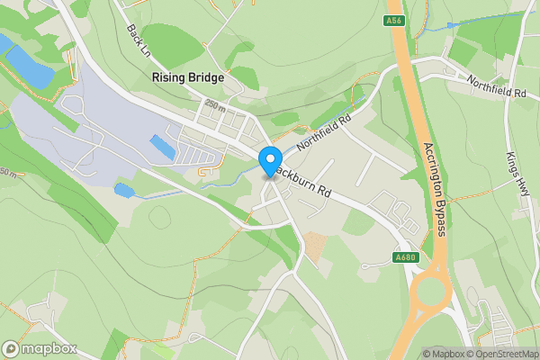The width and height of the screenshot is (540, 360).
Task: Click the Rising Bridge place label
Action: pyautogui.click(x=187, y=78)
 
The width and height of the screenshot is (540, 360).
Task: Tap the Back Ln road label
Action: pyautogui.click(x=138, y=38)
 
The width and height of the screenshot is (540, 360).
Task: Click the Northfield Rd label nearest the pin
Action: pyautogui.click(x=322, y=131)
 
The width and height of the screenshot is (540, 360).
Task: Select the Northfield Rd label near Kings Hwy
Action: pyautogui.click(x=496, y=87)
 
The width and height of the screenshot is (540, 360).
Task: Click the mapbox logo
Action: pyautogui.click(x=38, y=348)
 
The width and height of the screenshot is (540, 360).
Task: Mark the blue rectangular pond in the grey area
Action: pyautogui.click(x=163, y=146)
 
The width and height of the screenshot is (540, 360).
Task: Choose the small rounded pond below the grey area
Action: pyautogui.click(x=124, y=190)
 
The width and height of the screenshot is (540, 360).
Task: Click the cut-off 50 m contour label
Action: pyautogui.click(x=6, y=172)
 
